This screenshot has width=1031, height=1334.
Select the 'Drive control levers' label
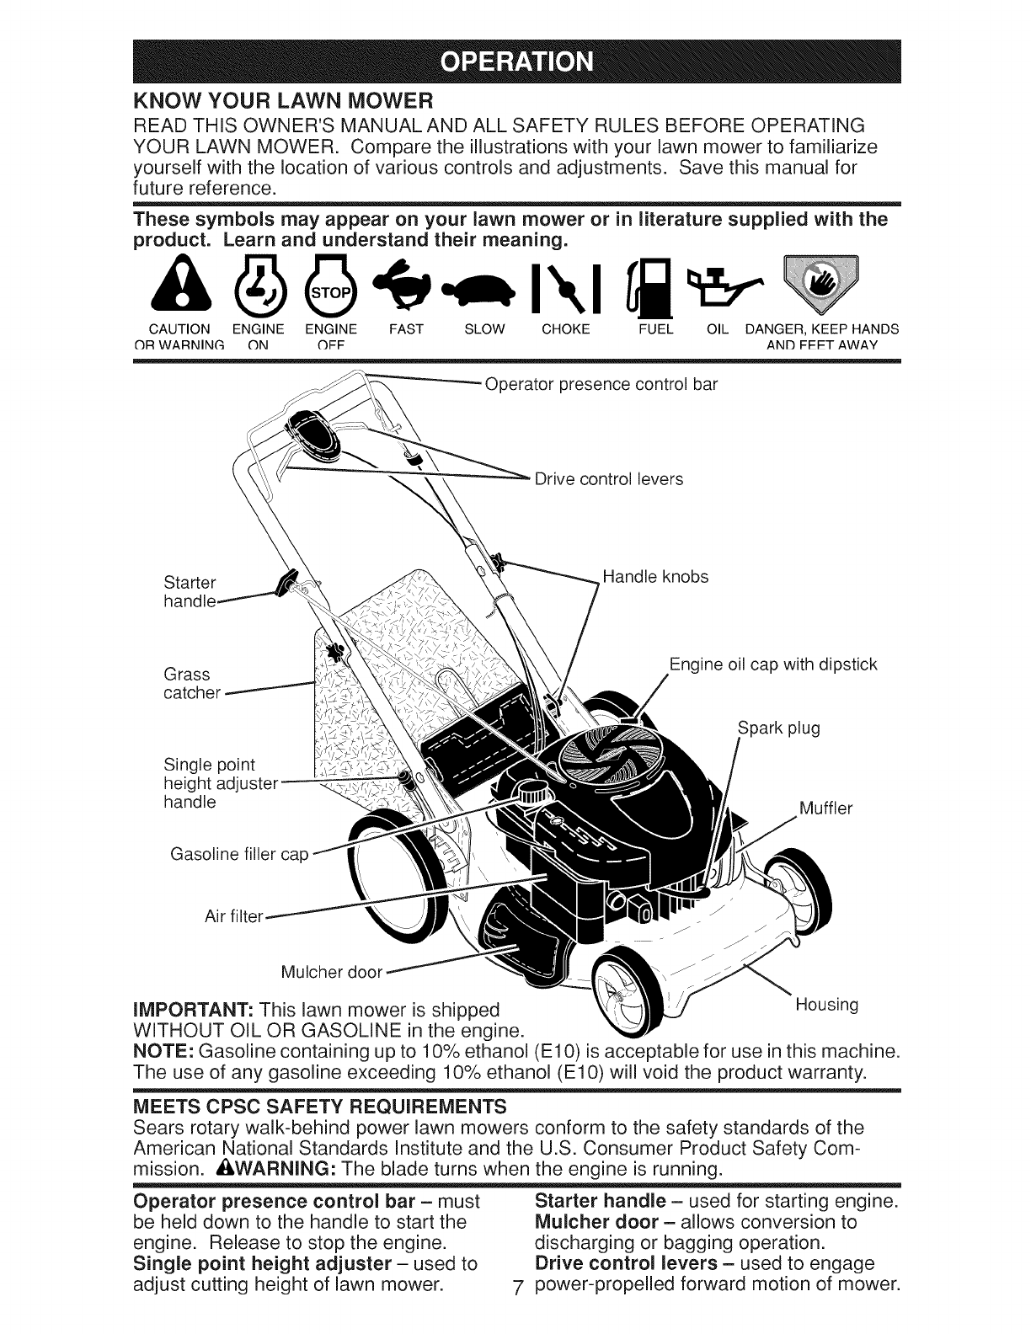(x=609, y=479)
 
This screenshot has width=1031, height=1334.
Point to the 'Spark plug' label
(x=778, y=728)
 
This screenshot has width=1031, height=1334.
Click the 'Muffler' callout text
(x=825, y=809)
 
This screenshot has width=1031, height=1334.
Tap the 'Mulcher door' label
(x=332, y=973)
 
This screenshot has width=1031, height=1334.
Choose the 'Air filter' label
(x=234, y=915)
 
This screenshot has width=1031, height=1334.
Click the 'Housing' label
(x=826, y=1005)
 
